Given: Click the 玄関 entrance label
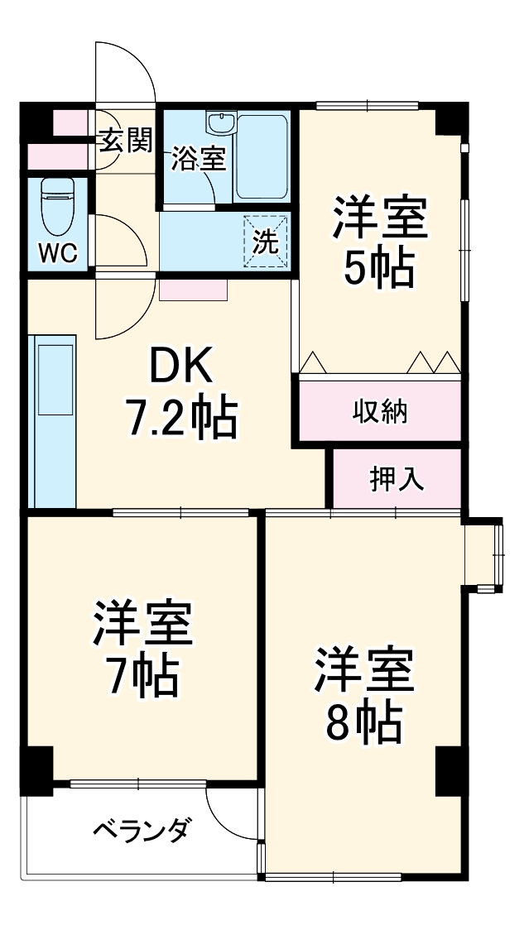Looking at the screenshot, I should pos(127,141).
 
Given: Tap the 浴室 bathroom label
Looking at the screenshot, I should pos(199,159).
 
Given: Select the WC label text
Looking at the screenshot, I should pos(58,253).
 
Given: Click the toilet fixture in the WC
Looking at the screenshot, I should pos(58,205).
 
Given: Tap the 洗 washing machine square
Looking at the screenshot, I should pos(265,241).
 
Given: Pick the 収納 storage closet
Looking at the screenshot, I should pos(380,411).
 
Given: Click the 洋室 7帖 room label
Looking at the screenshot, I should pos(142,650).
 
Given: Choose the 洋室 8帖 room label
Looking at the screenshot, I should pos(363,696).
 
